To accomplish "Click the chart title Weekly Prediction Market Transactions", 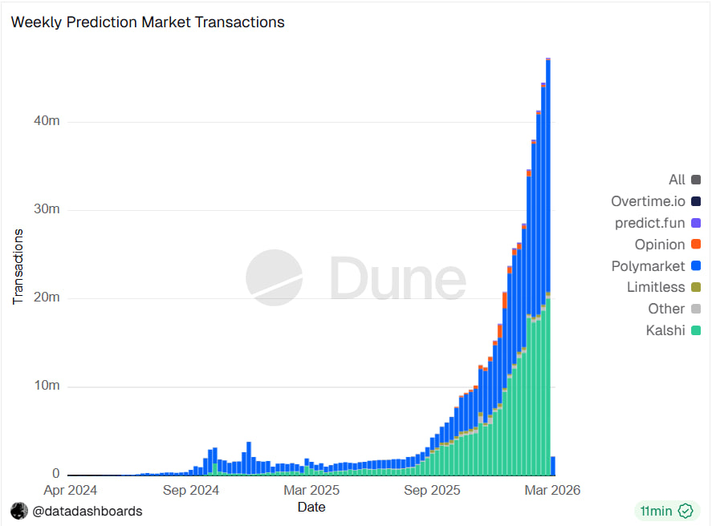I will [x=148, y=22].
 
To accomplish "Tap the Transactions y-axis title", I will [x=18, y=266].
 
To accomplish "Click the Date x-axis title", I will [x=311, y=507].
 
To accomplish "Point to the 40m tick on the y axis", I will [x=47, y=122].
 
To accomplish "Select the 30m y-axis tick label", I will [x=47, y=210].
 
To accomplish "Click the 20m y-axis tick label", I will [x=47, y=298].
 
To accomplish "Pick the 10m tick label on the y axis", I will [x=47, y=386].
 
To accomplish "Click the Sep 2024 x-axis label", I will [x=190, y=490].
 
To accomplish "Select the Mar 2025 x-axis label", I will [x=312, y=490].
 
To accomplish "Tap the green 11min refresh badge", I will [x=665, y=511].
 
